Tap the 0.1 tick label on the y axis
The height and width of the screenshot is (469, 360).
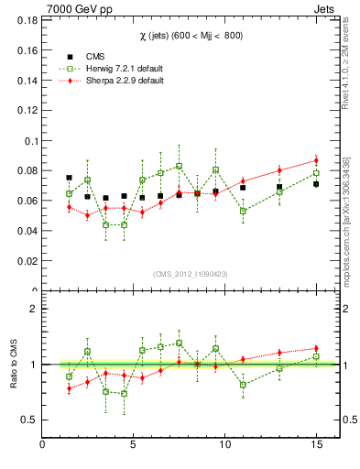pyautogui.click(x=29, y=140)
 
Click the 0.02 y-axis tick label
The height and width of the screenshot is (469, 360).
pyautogui.click(x=26, y=261)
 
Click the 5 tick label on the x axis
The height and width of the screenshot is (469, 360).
pyautogui.click(x=134, y=444)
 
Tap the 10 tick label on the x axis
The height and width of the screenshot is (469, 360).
pyautogui.click(x=224, y=444)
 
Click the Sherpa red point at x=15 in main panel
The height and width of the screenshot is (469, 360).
pyautogui.click(x=316, y=160)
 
